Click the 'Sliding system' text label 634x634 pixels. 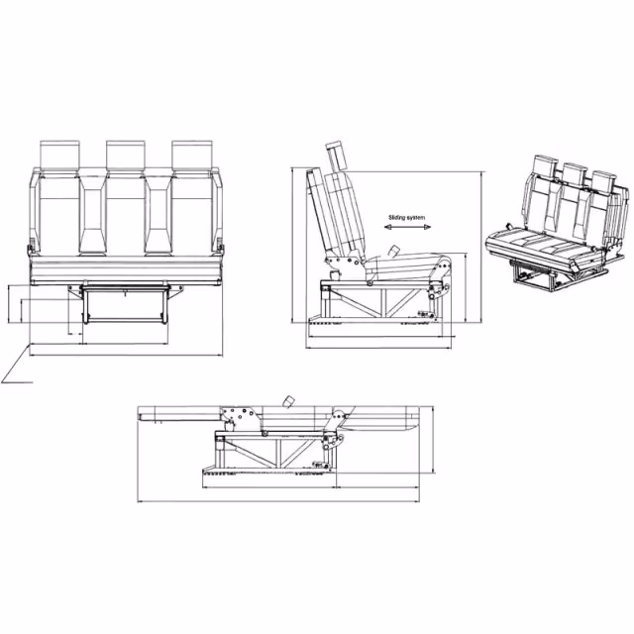407,218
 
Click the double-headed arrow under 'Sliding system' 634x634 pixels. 407,227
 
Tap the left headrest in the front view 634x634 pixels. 59,155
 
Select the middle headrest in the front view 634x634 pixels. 126,155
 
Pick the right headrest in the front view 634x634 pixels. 191,155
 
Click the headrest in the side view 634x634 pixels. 337,157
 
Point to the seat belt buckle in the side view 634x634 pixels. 392,251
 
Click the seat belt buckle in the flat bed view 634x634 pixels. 288,402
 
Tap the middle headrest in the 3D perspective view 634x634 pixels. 575,174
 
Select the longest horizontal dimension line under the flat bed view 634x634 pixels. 279,502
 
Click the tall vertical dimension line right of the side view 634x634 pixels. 481,247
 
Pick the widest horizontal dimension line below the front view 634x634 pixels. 126,356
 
